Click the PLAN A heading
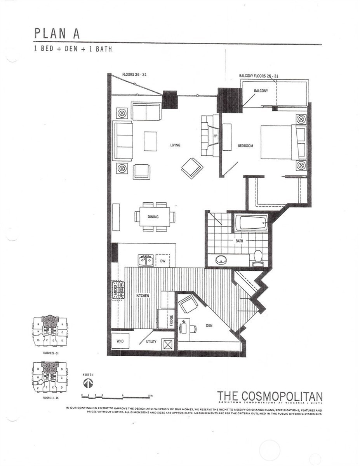[x=57, y=33]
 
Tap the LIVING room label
[x=175, y=145]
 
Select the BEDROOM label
[x=245, y=146]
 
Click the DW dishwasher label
[x=162, y=261]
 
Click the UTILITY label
[x=151, y=342]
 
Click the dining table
[x=155, y=216]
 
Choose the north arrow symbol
[x=88, y=384]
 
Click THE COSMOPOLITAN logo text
[x=270, y=396]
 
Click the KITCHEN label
[x=142, y=296]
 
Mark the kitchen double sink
[x=146, y=260]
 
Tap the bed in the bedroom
[x=279, y=142]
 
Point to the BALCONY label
[x=261, y=91]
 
